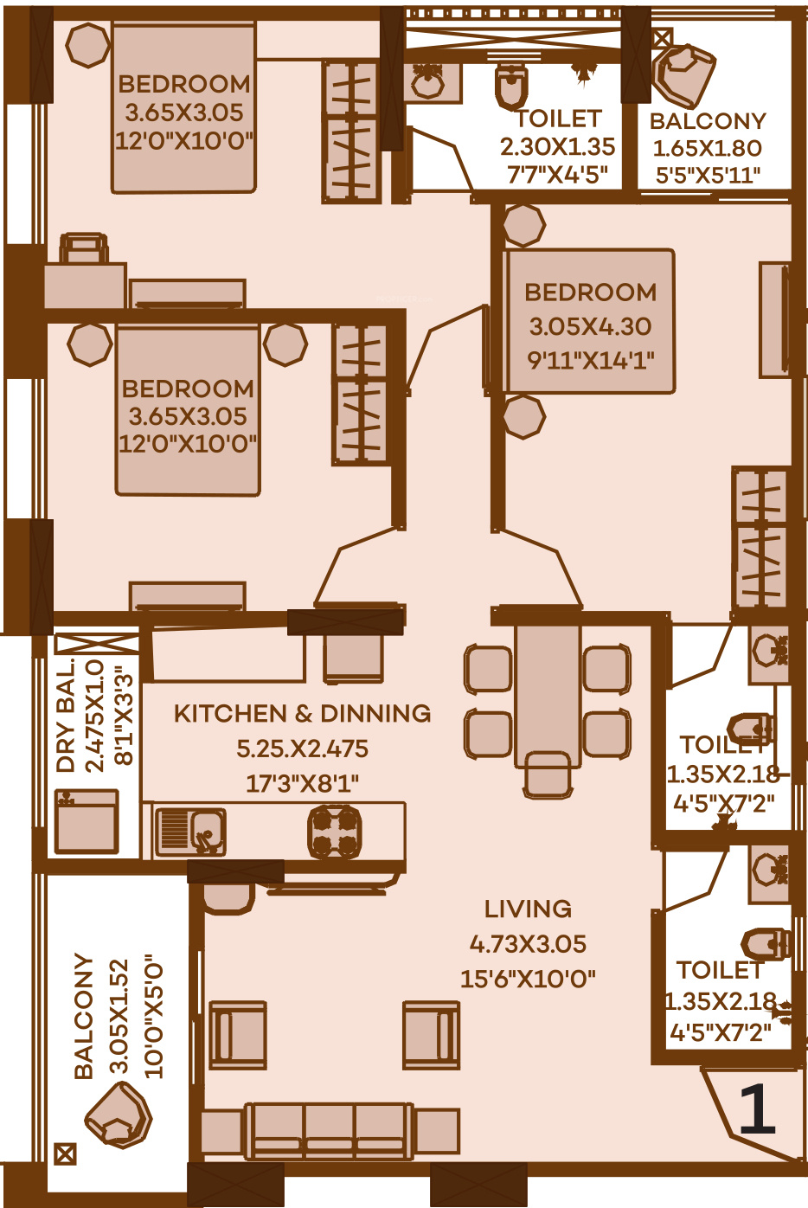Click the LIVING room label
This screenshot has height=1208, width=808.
528,909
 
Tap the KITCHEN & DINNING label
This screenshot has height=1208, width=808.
303,714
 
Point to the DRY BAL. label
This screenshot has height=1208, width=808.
66,715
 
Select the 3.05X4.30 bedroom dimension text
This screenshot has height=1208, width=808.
590,326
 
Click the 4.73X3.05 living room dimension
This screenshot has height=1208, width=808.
528,944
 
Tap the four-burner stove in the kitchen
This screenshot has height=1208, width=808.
334,831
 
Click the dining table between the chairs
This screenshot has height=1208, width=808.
548,696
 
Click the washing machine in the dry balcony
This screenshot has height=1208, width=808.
87,821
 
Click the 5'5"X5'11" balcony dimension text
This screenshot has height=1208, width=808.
708,176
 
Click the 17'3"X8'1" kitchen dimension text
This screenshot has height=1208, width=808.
303,783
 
